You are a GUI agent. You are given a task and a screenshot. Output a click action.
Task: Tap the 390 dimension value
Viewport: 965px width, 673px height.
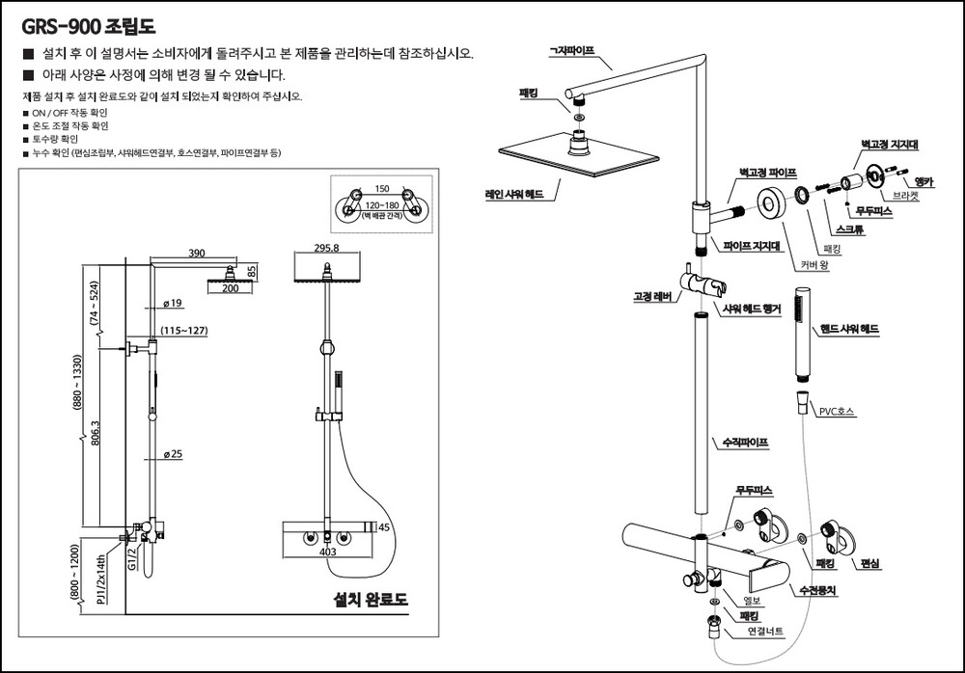tap(196, 253)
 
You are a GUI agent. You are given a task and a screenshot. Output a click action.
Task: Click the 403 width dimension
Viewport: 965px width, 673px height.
tap(327, 552)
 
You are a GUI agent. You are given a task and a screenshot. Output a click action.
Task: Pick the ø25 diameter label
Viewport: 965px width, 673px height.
tap(174, 453)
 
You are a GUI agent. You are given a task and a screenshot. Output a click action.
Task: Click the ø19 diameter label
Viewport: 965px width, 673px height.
tap(174, 304)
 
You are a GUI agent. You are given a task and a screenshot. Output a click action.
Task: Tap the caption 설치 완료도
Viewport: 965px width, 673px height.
tap(371, 599)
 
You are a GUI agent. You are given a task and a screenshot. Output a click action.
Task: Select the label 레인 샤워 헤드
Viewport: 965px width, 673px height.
tap(514, 194)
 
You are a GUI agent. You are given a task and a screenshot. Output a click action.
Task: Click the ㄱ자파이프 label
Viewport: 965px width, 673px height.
tap(571, 49)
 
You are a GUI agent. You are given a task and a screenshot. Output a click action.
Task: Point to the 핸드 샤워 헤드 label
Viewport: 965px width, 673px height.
tap(850, 329)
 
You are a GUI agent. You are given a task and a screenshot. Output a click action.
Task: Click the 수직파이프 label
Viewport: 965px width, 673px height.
tap(746, 444)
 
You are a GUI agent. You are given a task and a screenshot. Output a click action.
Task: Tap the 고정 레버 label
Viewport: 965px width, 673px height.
tap(652, 297)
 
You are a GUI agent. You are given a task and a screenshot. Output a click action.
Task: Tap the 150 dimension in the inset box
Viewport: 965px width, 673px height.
tap(381, 189)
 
